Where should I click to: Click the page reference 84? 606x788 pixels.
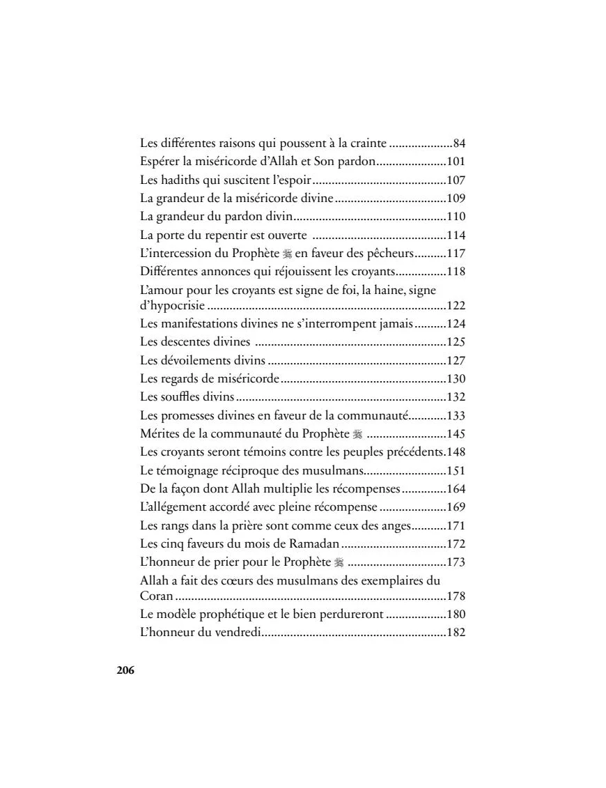click(459, 144)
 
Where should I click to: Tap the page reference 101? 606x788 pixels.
click(456, 162)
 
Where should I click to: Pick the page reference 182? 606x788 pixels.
click(456, 633)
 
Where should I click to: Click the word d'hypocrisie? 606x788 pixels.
click(172, 306)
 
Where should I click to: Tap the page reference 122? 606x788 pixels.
click(456, 306)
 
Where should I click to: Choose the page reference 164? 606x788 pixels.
click(456, 488)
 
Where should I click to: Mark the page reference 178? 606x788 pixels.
click(456, 597)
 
